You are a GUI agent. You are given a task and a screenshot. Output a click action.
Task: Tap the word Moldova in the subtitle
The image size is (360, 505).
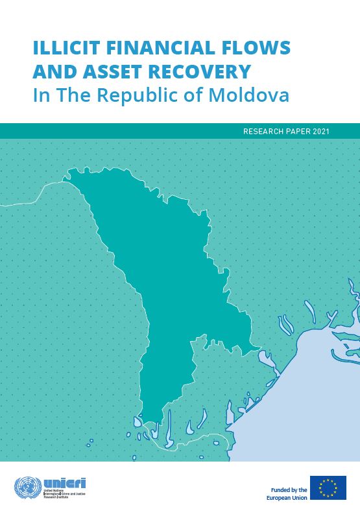click(256, 95)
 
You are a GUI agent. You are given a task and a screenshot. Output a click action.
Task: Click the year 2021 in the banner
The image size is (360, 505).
click(321, 131)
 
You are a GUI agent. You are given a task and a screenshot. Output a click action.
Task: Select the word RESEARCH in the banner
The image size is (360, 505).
click(263, 131)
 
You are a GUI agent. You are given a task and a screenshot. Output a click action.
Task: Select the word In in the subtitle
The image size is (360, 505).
click(40, 95)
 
